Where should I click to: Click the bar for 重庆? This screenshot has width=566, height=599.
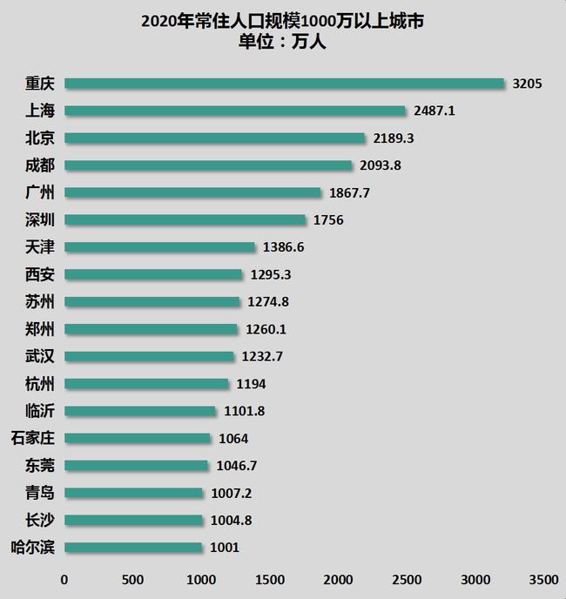pos(284,84)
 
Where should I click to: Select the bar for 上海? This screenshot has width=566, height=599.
pos(235,111)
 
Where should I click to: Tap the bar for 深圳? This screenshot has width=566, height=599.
pos(185,219)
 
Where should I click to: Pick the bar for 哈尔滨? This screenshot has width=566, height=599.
pos(133,548)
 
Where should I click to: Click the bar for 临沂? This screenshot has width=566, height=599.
pos(140,411)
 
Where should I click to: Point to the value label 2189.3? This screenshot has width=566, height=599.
pos(394,138)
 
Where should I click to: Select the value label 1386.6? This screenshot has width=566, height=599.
pos(283,247)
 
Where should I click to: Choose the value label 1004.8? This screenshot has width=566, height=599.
pos(232,521)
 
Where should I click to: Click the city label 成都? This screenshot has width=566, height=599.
pos(40,165)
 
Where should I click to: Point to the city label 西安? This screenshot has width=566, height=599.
pos(40,274)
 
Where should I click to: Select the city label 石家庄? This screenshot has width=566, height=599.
pos(34,439)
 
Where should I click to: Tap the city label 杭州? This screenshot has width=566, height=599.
pos(40,384)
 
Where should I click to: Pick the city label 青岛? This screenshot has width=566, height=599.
pos(40,494)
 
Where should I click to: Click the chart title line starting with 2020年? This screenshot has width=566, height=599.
pos(282,22)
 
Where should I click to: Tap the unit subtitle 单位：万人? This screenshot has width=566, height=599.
pos(282,42)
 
